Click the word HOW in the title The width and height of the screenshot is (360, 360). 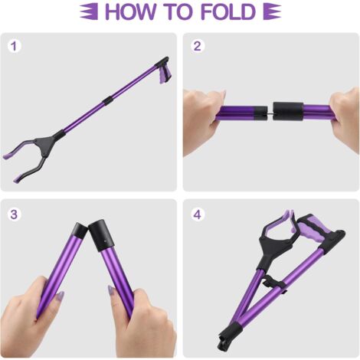click(x=129, y=11)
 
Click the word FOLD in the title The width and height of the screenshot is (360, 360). click(x=228, y=11)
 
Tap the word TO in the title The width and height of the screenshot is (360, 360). click(x=178, y=11)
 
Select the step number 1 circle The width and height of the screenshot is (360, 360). click(x=14, y=46)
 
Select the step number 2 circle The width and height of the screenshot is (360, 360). click(x=197, y=46)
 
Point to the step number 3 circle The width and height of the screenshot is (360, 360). click(x=14, y=214)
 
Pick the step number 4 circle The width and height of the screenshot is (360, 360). click(x=197, y=214)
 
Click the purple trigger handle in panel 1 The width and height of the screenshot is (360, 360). click(x=164, y=76)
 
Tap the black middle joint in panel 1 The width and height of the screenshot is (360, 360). click(x=107, y=100)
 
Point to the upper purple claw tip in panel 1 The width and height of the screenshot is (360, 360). click(x=9, y=155)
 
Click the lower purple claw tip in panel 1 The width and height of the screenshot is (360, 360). click(x=18, y=178)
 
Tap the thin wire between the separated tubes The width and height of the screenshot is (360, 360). click(x=270, y=112)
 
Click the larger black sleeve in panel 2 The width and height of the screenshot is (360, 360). click(x=288, y=111)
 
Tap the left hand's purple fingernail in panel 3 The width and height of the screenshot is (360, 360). click(x=60, y=296)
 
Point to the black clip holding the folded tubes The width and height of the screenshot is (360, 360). click(x=275, y=283)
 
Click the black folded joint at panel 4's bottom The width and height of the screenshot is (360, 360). click(x=228, y=335)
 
